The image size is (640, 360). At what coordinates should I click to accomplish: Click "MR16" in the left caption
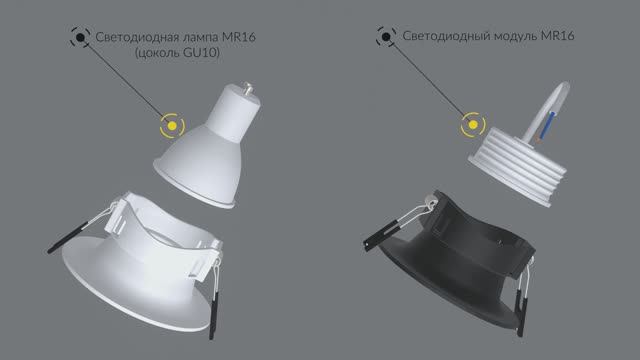[249, 38]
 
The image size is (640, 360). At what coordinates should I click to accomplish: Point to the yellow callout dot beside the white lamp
[173, 126]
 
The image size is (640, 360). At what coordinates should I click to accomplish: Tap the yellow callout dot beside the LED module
[467, 126]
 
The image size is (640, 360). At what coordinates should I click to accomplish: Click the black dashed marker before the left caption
[76, 38]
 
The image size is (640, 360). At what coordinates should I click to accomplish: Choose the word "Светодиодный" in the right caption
[448, 38]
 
